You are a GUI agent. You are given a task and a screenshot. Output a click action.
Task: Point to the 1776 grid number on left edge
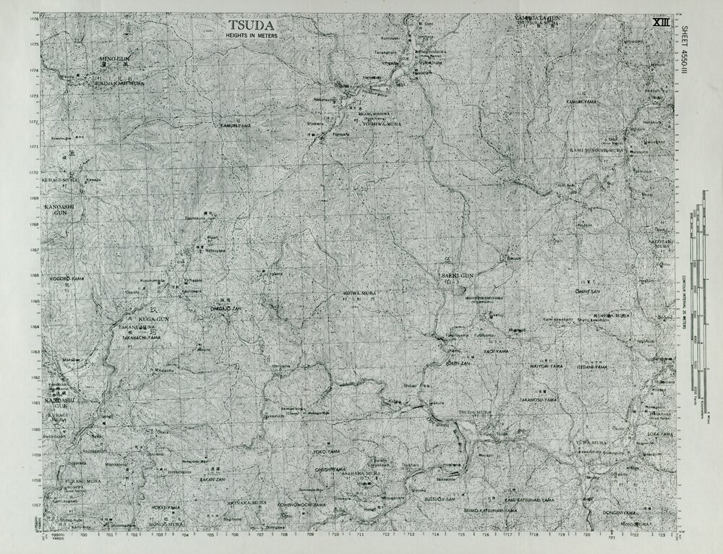[x=34, y=19]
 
